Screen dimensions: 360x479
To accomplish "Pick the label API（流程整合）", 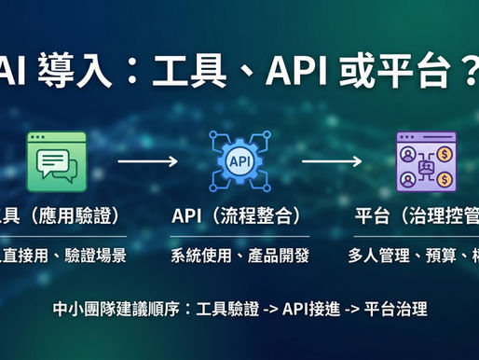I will click(236, 216).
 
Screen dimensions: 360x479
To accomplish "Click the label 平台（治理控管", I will click(417, 216).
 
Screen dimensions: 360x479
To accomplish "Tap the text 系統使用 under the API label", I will click(198, 255).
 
